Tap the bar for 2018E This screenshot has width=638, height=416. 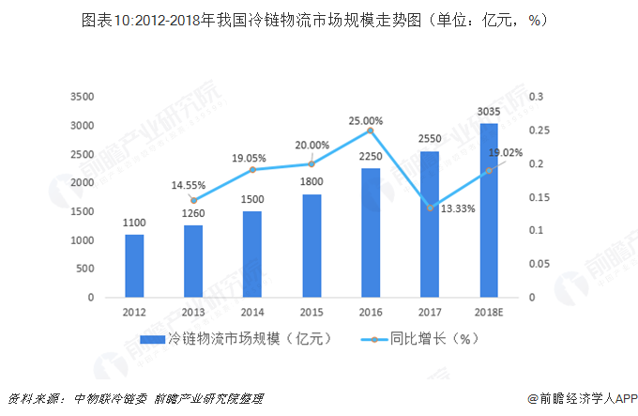pyautogui.click(x=488, y=210)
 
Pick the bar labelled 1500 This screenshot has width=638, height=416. pyautogui.click(x=252, y=254)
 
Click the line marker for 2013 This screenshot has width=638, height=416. pyautogui.click(x=193, y=200)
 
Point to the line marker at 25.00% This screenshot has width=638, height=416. pyautogui.click(x=371, y=131)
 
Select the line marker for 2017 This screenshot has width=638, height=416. pyautogui.click(x=430, y=208)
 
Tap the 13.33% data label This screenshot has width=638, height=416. pyautogui.click(x=457, y=208)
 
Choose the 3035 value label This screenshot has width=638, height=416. pyautogui.click(x=489, y=112)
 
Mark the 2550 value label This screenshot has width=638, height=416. pyautogui.click(x=430, y=138)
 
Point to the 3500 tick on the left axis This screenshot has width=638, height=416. pyautogui.click(x=82, y=97)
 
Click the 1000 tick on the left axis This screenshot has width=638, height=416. pyautogui.click(x=82, y=240)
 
